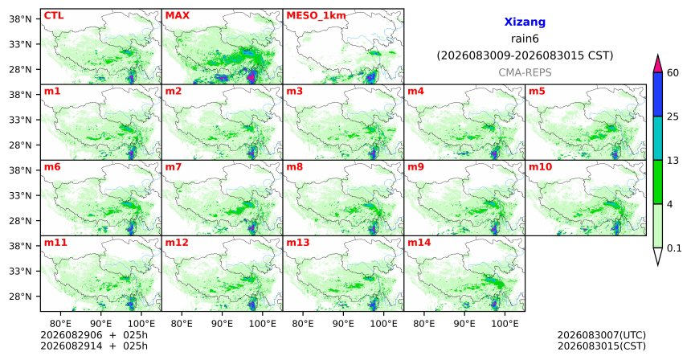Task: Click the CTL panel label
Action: coord(54,16)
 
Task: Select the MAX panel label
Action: coord(177,16)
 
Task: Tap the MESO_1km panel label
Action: coord(316,16)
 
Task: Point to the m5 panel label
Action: coord(537,92)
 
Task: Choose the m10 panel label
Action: coord(540,167)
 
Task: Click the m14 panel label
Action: coord(419,243)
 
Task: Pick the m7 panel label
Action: coord(174,167)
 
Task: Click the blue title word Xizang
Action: coord(525,22)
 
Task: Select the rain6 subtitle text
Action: coord(525,39)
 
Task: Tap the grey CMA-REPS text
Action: coord(525,72)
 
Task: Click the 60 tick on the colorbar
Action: coord(673,72)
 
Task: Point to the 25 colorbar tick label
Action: coord(673,117)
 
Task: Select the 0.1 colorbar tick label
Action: coord(674,248)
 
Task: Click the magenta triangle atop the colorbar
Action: coord(658,64)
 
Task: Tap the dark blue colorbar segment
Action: coord(658,94)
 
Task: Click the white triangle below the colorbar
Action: coord(658,255)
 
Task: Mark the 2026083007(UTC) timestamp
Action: coord(602,336)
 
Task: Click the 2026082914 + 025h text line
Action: coord(94,346)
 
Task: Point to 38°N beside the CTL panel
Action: coord(20,19)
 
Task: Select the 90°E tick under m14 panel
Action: coord(464,324)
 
